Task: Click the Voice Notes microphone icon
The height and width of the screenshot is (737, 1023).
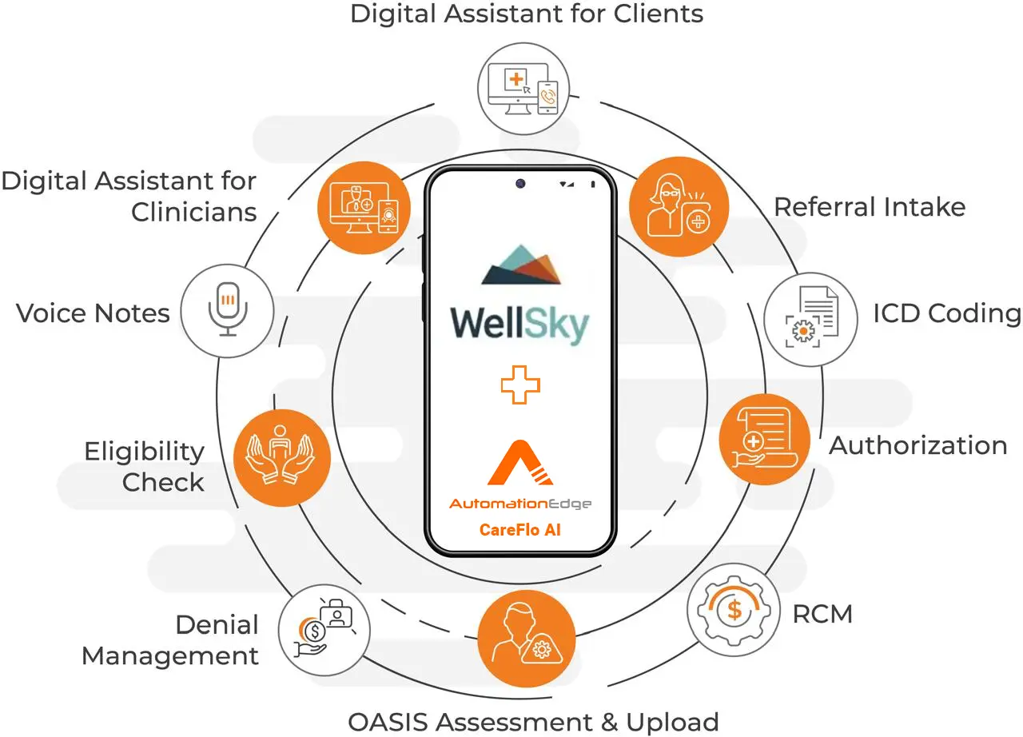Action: click(x=228, y=310)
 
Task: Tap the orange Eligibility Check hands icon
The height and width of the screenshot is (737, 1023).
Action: click(x=281, y=456)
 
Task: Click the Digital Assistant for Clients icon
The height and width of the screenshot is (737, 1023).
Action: click(x=527, y=88)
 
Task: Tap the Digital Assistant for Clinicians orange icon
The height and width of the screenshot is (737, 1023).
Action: click(x=365, y=207)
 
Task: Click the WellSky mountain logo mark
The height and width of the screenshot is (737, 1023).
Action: click(x=521, y=265)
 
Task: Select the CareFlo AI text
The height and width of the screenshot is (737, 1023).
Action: click(x=520, y=529)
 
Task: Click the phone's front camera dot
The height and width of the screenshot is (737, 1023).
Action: click(x=520, y=184)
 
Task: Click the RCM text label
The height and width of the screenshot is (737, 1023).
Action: click(x=822, y=614)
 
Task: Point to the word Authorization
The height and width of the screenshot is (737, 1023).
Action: click(x=918, y=445)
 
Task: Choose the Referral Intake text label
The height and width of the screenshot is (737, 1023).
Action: click(x=870, y=207)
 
